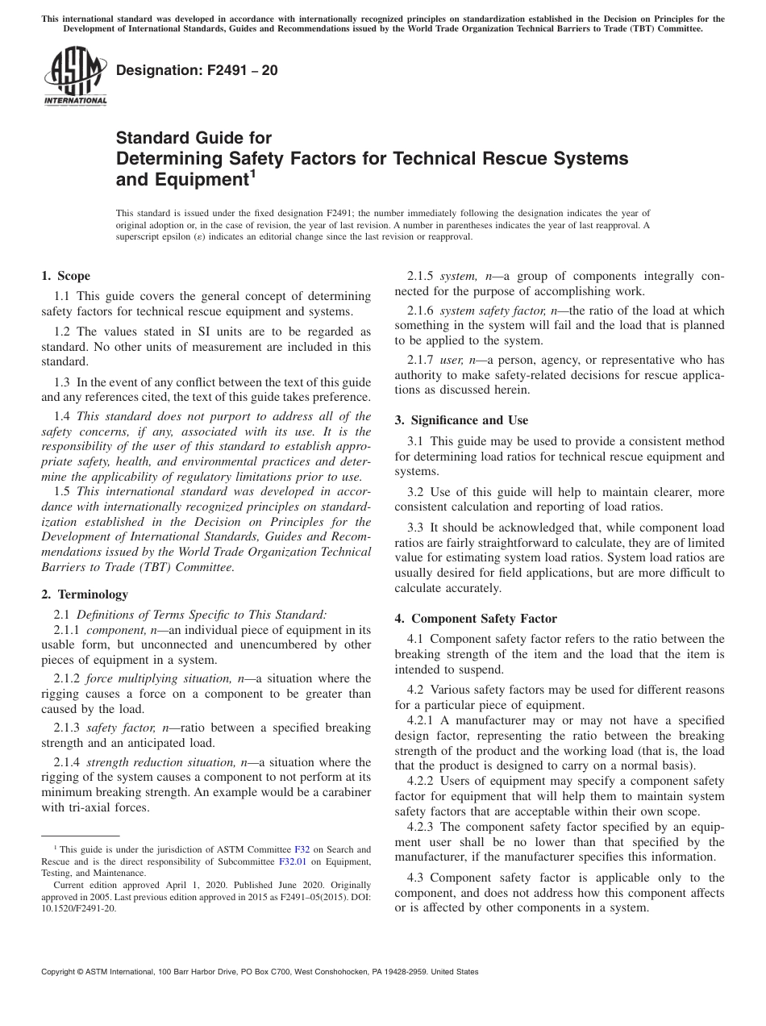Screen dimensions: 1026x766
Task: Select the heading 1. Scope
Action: [66, 276]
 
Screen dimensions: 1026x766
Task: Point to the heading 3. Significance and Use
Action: [461, 420]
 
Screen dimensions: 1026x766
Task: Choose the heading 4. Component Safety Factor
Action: [476, 619]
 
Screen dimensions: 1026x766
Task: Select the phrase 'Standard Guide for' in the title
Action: [194, 138]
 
